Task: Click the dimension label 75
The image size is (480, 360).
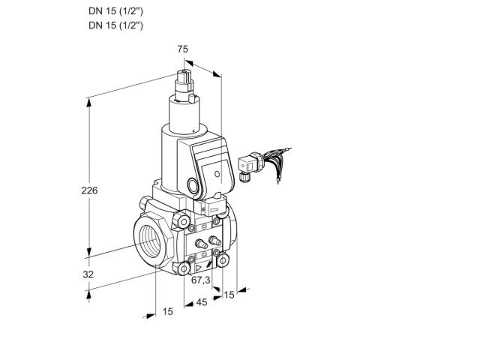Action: pos(183,49)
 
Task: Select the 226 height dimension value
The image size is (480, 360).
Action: pos(89,190)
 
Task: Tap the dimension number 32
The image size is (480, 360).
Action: pos(88,274)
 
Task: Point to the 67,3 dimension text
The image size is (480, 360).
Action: pos(201,280)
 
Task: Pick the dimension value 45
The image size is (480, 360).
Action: pos(202,302)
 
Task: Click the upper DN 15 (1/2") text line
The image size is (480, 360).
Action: pos(115,11)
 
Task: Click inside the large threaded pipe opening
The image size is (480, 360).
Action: pos(151,241)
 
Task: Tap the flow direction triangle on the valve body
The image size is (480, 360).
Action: pos(198,268)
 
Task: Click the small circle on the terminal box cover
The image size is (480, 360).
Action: pos(217,174)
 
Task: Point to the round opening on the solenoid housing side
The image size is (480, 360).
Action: pos(193,185)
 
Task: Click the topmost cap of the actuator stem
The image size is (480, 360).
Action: pos(184,75)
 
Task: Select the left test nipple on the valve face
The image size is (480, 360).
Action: pos(201,244)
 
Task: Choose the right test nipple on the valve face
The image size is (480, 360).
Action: pos(214,241)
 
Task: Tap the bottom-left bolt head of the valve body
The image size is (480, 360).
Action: pos(184,268)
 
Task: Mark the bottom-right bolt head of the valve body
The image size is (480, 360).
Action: pos(223,260)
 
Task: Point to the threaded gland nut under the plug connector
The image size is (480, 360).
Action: pos(244,178)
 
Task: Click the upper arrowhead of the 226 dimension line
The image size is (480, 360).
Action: pos(89,103)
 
